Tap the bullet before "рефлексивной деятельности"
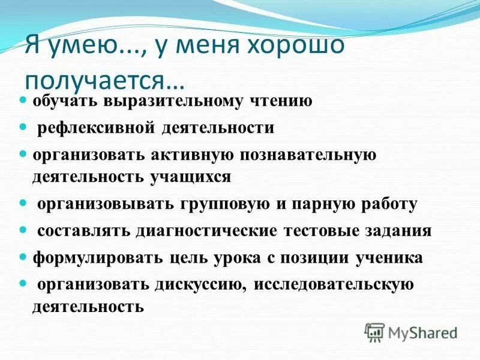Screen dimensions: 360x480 23,127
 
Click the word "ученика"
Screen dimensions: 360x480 389,258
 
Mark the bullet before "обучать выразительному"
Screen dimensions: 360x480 23,100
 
